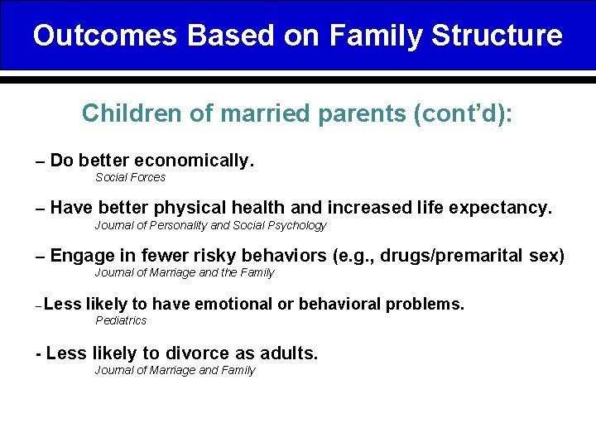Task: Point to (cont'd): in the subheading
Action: [463, 113]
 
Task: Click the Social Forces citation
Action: [130, 177]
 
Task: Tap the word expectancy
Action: [504, 208]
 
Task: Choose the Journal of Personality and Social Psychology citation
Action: [210, 225]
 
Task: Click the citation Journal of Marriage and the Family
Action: [184, 272]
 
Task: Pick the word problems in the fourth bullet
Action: [424, 304]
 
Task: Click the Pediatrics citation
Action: [121, 320]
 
